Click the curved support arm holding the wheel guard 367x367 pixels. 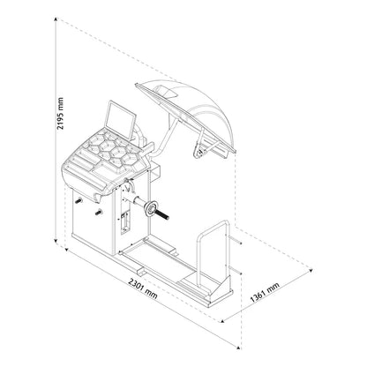click(x=163, y=141)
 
